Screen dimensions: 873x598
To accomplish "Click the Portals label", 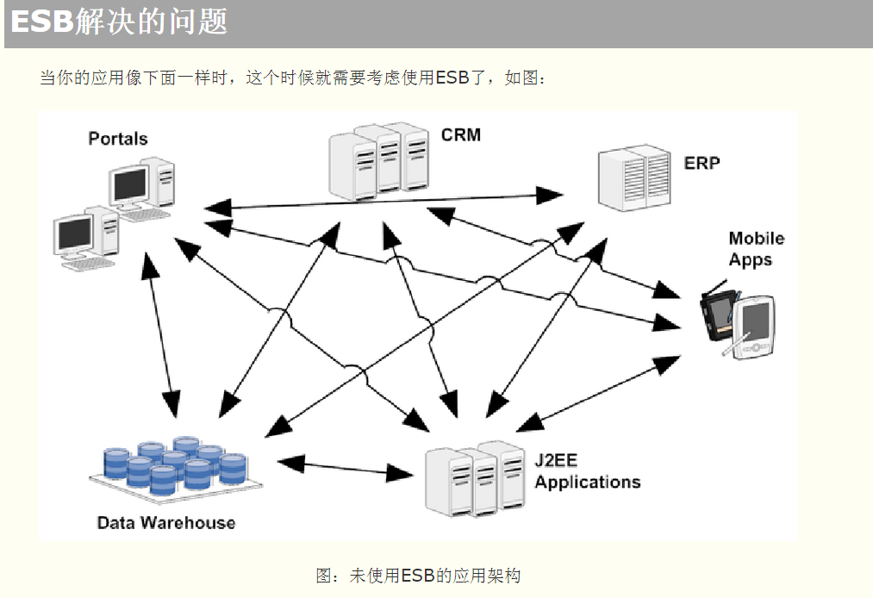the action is pyautogui.click(x=118, y=138).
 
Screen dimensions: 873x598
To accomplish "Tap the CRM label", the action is pyautogui.click(x=460, y=134).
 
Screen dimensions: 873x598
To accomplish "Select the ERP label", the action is pyautogui.click(x=702, y=163).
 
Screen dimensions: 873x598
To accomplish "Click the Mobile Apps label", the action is pyautogui.click(x=756, y=249).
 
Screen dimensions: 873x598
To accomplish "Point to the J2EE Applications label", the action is pyautogui.click(x=588, y=471).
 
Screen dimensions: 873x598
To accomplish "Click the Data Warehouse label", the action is pyautogui.click(x=166, y=522).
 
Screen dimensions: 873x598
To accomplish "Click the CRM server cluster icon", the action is pyautogui.click(x=378, y=162).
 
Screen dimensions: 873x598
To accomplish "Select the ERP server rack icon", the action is pyautogui.click(x=634, y=178).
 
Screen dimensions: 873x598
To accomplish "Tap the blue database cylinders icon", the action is pyautogui.click(x=176, y=468).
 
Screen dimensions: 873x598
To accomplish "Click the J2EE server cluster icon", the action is pyautogui.click(x=475, y=479).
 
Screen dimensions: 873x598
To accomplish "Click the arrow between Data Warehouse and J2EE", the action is pyautogui.click(x=346, y=468).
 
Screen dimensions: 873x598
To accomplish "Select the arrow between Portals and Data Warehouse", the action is pyautogui.click(x=161, y=335).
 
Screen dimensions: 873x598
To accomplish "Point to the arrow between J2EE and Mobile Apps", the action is pyautogui.click(x=598, y=394).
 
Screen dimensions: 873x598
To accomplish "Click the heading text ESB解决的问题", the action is pyautogui.click(x=119, y=22).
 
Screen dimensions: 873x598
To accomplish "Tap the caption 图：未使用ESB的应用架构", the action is pyautogui.click(x=418, y=576).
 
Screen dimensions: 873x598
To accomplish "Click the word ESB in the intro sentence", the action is pyautogui.click(x=452, y=78).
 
